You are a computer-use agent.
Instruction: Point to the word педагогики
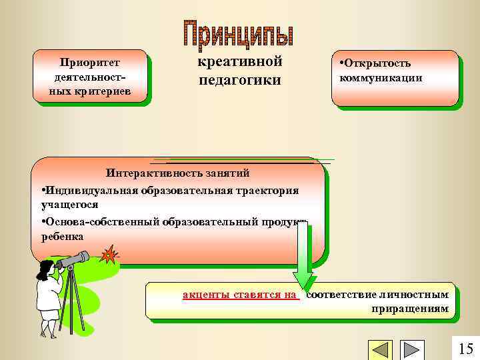240,80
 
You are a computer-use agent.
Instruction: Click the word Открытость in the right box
377,64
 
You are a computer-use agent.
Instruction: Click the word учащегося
69,205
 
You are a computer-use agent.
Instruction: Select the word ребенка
62,236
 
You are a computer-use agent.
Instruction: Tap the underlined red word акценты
205,294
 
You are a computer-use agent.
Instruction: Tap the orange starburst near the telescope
106,254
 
